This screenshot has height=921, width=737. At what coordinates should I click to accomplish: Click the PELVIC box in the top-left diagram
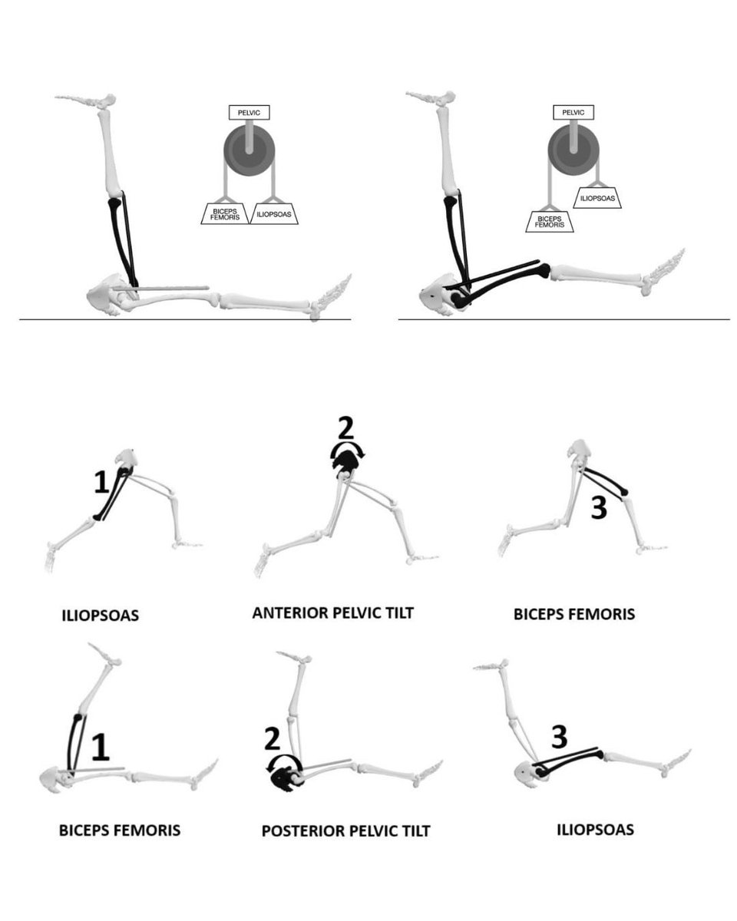[x=249, y=113]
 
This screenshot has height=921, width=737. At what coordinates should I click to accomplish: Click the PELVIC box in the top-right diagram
[x=573, y=112]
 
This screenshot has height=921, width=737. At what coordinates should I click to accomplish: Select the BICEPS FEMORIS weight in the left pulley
[x=225, y=213]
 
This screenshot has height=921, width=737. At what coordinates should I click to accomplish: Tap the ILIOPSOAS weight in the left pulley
[x=274, y=213]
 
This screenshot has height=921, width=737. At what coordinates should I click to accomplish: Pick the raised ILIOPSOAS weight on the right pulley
[x=597, y=198]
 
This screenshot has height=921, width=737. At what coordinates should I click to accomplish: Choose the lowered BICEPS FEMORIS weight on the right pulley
[x=550, y=222]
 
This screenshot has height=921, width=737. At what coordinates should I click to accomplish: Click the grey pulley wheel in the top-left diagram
[x=250, y=150]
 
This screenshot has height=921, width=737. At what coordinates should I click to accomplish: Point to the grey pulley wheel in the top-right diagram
[x=573, y=150]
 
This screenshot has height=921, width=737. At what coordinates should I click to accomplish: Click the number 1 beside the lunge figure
[x=101, y=482]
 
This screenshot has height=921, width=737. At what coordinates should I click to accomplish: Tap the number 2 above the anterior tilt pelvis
[x=345, y=428]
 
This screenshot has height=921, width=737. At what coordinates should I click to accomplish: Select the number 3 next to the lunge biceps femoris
[x=599, y=508]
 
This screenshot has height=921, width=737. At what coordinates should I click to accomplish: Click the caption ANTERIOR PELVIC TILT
[x=332, y=612]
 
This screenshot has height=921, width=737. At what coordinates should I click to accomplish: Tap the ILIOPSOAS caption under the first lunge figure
[x=101, y=616]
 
